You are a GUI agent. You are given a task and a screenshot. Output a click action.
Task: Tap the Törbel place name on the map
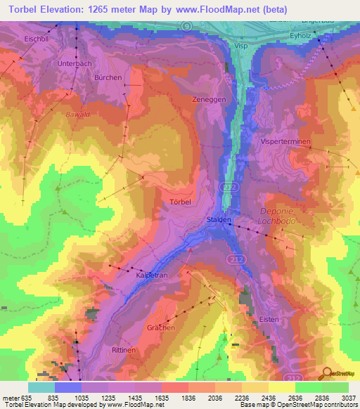pyautogui.click(x=180, y=202)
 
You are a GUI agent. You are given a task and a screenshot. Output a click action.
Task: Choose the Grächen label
pyautogui.click(x=161, y=327)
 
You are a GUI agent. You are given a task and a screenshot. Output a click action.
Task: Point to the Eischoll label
pyautogui.click(x=36, y=38)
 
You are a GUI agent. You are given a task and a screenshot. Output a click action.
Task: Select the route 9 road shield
pyautogui.click(x=186, y=25)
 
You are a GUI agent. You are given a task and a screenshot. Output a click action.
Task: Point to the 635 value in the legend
pyautogui.click(x=28, y=397)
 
